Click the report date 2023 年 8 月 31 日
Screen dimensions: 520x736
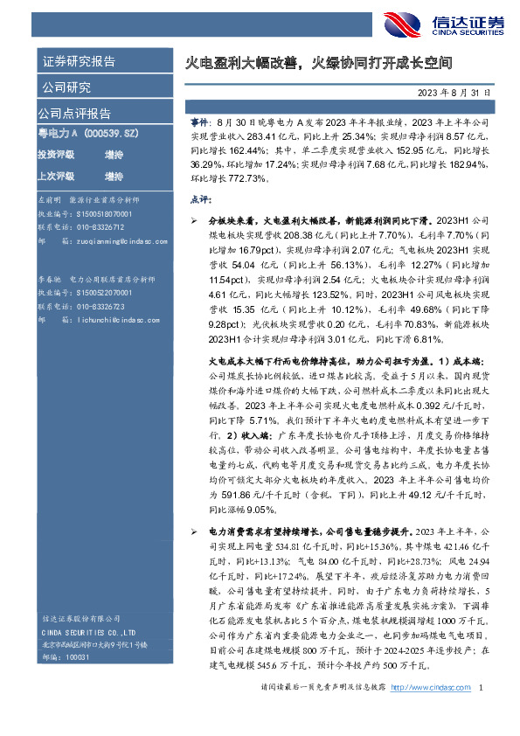(454, 92)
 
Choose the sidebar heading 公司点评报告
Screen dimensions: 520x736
(73, 114)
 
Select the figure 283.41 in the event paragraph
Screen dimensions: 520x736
(259, 137)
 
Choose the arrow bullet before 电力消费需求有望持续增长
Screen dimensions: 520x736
(194, 531)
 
